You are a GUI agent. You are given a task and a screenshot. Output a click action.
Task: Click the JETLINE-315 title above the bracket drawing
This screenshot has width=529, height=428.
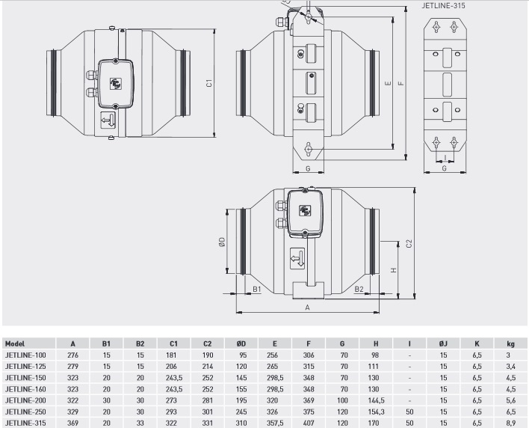pyautogui.click(x=443, y=6)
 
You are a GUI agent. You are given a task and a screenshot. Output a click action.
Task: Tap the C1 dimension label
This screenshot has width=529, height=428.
pyautogui.click(x=209, y=83)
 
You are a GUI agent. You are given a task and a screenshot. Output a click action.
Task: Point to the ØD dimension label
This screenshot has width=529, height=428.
pyautogui.click(x=222, y=242)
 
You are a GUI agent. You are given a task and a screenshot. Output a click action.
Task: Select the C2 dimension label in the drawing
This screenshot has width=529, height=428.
pyautogui.click(x=409, y=244)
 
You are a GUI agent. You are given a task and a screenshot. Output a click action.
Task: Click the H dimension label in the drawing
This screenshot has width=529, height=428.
pyautogui.click(x=393, y=270)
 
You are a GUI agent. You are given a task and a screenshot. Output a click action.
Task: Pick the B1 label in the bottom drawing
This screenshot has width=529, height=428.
pyautogui.click(x=257, y=289)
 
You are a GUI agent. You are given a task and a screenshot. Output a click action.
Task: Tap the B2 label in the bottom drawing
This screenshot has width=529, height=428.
pyautogui.click(x=359, y=289)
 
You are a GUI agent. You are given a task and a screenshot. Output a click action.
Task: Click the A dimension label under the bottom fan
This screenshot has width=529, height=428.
pyautogui.click(x=307, y=308)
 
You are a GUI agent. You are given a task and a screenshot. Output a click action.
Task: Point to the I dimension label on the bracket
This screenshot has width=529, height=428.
pyautogui.click(x=445, y=157)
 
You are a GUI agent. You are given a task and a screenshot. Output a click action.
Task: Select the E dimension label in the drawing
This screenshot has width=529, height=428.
pyautogui.click(x=388, y=83)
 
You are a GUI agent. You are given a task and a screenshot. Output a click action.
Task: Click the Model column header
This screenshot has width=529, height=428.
pyautogui.click(x=15, y=344)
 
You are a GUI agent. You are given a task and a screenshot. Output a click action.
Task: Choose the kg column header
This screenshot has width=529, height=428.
pyautogui.click(x=510, y=344)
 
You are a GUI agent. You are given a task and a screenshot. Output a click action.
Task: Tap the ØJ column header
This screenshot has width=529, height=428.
pyautogui.click(x=443, y=344)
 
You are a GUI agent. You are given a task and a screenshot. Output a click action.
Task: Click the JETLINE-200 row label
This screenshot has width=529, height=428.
pyautogui.click(x=25, y=400)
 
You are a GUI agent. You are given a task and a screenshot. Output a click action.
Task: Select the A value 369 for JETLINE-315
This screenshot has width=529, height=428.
pyautogui.click(x=72, y=423)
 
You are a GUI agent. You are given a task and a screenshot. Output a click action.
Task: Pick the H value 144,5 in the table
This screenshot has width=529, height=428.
pyautogui.click(x=376, y=400)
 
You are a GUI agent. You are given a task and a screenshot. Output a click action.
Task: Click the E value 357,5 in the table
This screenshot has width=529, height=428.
pyautogui.click(x=275, y=423)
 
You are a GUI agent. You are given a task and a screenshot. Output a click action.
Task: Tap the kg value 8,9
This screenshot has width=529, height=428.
pyautogui.click(x=511, y=423)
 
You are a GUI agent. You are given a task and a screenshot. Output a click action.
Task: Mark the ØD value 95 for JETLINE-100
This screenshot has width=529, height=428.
pyautogui.click(x=243, y=355)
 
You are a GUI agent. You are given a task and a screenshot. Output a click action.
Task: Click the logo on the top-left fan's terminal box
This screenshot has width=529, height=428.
pyautogui.click(x=116, y=84)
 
